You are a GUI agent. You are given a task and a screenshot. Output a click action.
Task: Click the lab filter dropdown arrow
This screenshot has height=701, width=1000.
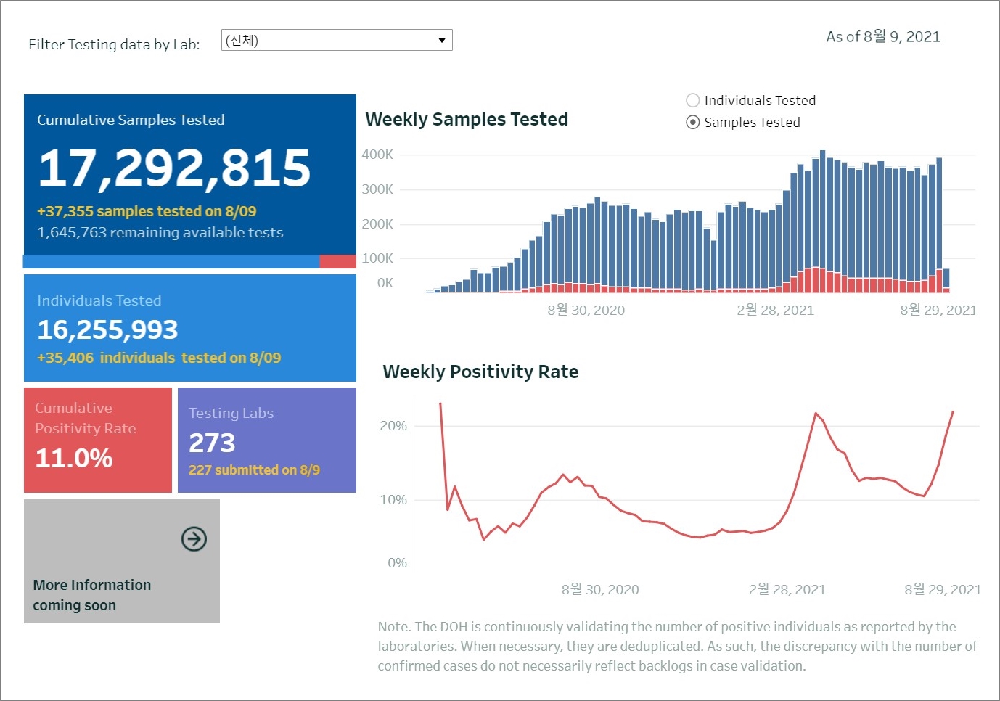[x=441, y=41]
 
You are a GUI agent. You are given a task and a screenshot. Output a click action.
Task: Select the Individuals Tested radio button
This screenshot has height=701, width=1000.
[x=693, y=101]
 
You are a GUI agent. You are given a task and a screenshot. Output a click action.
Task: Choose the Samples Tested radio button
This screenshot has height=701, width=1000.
[x=693, y=123]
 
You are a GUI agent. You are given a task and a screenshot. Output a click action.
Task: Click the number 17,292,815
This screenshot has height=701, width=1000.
[x=174, y=168]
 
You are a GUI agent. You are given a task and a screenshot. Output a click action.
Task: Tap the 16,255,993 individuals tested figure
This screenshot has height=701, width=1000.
[x=107, y=330]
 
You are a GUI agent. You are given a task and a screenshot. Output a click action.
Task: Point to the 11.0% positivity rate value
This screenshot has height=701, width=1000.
[x=74, y=458]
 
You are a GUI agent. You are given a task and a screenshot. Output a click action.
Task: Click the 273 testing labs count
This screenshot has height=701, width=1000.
[x=212, y=443]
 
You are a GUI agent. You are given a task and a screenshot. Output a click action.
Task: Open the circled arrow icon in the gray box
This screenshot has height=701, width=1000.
[x=194, y=539]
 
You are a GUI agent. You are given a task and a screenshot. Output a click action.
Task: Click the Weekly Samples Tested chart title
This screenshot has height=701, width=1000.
[x=467, y=120]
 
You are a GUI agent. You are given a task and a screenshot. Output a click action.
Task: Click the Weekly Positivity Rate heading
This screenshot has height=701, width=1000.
[x=480, y=372]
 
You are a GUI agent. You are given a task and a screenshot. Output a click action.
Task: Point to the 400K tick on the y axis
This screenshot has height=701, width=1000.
[x=377, y=155]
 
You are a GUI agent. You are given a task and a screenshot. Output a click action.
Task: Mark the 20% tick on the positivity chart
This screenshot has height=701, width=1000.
[x=393, y=426]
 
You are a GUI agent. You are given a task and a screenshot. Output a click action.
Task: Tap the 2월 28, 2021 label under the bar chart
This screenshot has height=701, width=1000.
[x=775, y=311]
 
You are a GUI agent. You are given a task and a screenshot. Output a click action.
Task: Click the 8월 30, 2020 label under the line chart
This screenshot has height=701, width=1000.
[x=600, y=590]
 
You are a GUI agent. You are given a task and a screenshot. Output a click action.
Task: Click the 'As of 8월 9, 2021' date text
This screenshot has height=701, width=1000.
[x=883, y=37]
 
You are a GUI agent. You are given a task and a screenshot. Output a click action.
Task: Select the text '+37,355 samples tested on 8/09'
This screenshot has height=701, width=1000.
[x=147, y=211]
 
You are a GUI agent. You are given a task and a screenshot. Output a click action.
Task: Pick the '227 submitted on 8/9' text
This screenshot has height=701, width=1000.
[x=254, y=470]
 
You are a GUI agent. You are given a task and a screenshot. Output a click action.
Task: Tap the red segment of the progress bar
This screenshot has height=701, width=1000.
[x=337, y=261]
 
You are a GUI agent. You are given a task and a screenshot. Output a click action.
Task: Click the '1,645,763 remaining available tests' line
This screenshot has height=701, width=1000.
[x=160, y=233]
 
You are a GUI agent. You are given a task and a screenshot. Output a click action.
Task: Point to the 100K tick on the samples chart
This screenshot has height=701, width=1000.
[x=377, y=258]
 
